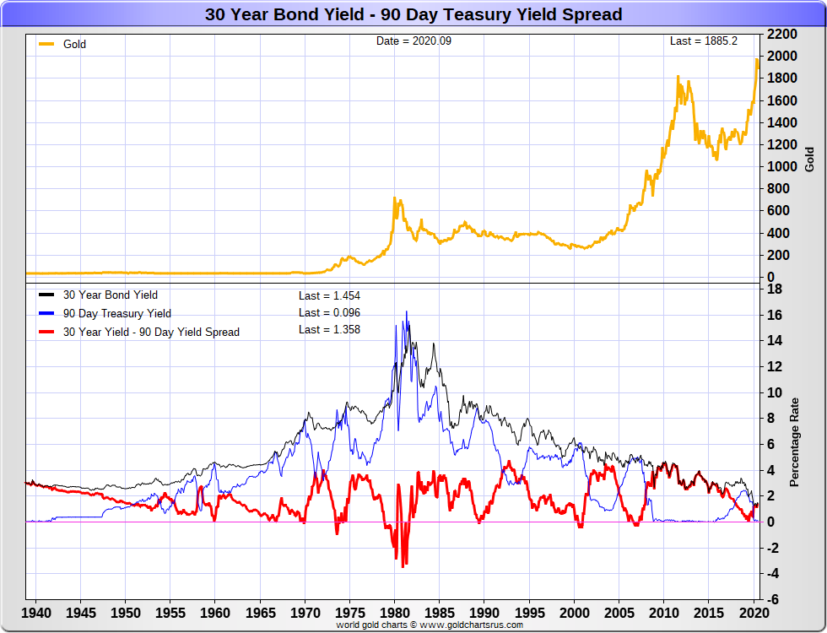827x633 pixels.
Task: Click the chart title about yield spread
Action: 413,14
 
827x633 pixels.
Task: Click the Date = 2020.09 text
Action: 413,41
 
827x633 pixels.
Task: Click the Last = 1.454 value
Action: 329,295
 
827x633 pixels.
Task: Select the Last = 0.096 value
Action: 329,313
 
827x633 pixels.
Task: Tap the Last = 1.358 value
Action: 329,330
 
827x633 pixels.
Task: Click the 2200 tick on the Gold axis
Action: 782,34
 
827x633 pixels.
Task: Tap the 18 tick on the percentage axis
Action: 773,289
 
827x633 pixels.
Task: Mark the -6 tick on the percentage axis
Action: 773,599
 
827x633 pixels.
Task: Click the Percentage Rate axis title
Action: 794,443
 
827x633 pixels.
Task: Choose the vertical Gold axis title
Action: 809,159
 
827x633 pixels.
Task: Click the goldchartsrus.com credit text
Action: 429,625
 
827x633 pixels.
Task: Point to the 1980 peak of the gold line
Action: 394,198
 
